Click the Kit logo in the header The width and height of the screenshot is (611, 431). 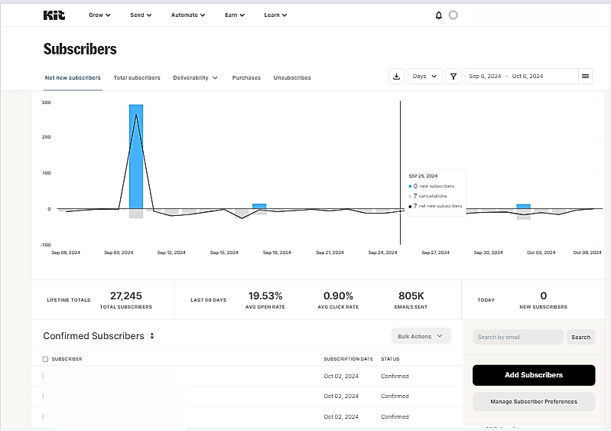click(54, 15)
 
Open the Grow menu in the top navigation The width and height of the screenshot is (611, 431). click(99, 15)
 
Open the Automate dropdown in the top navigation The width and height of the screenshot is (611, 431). click(188, 15)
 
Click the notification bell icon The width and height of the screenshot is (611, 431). click(439, 15)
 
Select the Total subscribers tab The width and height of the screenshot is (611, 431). click(137, 77)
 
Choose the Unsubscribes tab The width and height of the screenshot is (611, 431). click(292, 77)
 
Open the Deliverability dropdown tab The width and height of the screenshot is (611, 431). click(195, 77)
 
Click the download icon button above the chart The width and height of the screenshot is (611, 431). click(396, 76)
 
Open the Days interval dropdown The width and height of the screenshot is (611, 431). click(424, 76)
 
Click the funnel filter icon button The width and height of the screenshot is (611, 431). click(454, 76)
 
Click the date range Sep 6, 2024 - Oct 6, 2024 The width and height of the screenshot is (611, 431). click(520, 76)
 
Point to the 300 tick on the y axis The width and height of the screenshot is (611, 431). click(46, 102)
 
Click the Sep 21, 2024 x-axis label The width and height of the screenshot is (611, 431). click(330, 252)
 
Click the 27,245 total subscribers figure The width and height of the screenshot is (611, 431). click(125, 295)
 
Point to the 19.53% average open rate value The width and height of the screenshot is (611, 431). click(265, 295)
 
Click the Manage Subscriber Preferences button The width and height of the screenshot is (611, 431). click(533, 401)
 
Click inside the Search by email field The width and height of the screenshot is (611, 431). click(518, 337)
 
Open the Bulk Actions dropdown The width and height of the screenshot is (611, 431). click(420, 336)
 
